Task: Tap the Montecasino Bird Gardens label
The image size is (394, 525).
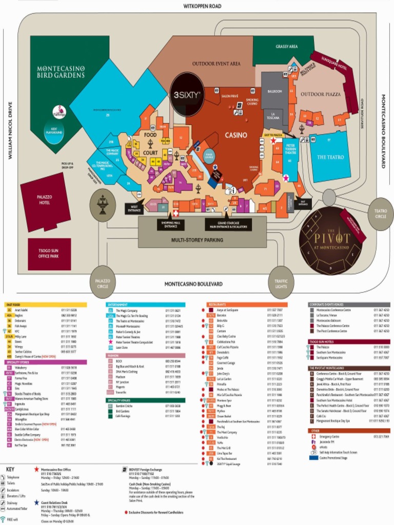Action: pyautogui.click(x=61, y=71)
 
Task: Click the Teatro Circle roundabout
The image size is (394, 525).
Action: pyautogui.click(x=381, y=213)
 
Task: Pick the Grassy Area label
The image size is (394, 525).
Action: pyautogui.click(x=286, y=47)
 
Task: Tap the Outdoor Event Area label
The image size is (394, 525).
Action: pyautogui.click(x=216, y=64)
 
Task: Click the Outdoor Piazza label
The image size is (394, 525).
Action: pyautogui.click(x=320, y=94)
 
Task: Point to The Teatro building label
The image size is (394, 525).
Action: pyautogui.click(x=330, y=157)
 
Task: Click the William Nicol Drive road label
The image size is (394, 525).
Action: pyautogui.click(x=10, y=130)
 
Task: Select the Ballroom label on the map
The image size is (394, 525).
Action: pyautogui.click(x=275, y=91)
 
